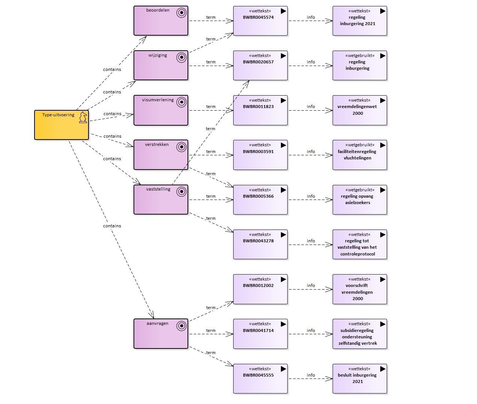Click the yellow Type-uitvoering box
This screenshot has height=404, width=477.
61,125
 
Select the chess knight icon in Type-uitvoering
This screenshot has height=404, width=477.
83,117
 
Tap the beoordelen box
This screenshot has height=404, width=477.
161,21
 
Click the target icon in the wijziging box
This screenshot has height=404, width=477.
181,57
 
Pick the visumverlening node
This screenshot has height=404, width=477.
161,110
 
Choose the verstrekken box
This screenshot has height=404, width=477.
161,155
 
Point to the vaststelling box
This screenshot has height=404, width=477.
161,200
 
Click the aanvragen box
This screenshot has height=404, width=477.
161,333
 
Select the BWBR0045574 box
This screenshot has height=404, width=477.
260,21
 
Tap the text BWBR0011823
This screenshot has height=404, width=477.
258,107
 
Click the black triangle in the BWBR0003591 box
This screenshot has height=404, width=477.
283,145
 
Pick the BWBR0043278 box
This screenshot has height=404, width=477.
260,244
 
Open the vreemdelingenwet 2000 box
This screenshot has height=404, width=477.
360,110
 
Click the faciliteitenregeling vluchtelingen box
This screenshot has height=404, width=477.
360,155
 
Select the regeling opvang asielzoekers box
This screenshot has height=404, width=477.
360,200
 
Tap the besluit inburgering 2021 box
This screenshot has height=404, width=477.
360,378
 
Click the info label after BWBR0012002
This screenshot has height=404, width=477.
311,285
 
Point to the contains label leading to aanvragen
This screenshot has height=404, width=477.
112,226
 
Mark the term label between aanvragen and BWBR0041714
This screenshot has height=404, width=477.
211,330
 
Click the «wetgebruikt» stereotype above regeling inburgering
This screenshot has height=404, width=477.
360,56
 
